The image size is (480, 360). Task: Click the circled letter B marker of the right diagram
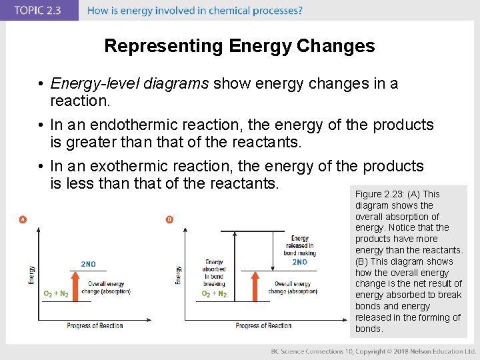(x=169, y=220)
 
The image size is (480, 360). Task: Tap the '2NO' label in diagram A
(x=88, y=265)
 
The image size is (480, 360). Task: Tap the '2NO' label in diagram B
(x=299, y=262)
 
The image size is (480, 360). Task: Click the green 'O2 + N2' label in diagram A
(x=56, y=294)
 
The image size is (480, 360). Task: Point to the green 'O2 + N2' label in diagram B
(x=214, y=294)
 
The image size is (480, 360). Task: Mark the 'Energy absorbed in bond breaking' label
(x=214, y=273)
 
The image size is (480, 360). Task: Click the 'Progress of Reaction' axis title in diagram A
(x=95, y=326)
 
